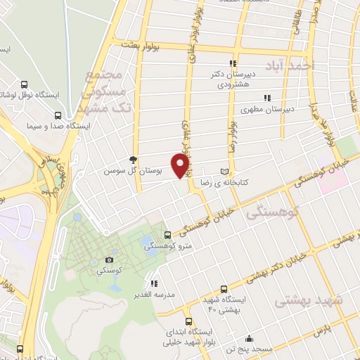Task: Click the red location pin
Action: (181, 165)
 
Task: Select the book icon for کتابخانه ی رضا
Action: (224, 171)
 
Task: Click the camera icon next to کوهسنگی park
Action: (109, 260)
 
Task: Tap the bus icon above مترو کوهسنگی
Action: (167, 235)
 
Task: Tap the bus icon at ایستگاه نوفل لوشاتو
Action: (25, 82)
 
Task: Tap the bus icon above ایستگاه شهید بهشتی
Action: (224, 289)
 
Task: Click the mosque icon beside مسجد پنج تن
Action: (249, 339)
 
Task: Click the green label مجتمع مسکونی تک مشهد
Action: (105, 92)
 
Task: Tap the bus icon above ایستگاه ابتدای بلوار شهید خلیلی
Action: (209, 318)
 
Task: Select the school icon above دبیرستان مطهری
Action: (266, 98)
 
